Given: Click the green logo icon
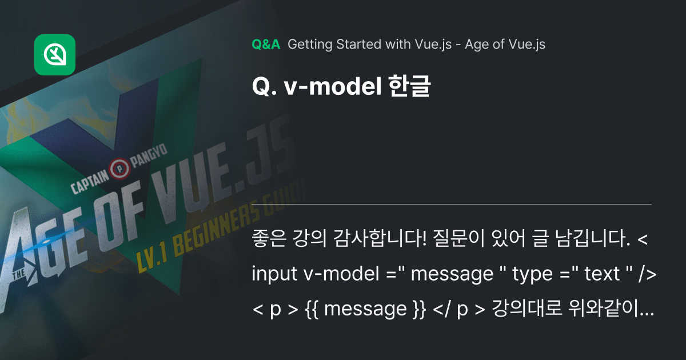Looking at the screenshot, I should click(x=55, y=55).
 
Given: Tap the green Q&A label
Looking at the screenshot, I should click(x=266, y=45).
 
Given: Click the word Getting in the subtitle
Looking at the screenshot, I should click(x=308, y=45).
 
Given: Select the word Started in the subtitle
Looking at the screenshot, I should click(x=352, y=45).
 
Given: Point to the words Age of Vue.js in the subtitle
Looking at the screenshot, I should click(x=505, y=45).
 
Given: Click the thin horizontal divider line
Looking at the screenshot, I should click(x=452, y=204).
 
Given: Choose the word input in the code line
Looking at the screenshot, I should click(x=273, y=275).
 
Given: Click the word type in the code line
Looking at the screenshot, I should click(x=530, y=275).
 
